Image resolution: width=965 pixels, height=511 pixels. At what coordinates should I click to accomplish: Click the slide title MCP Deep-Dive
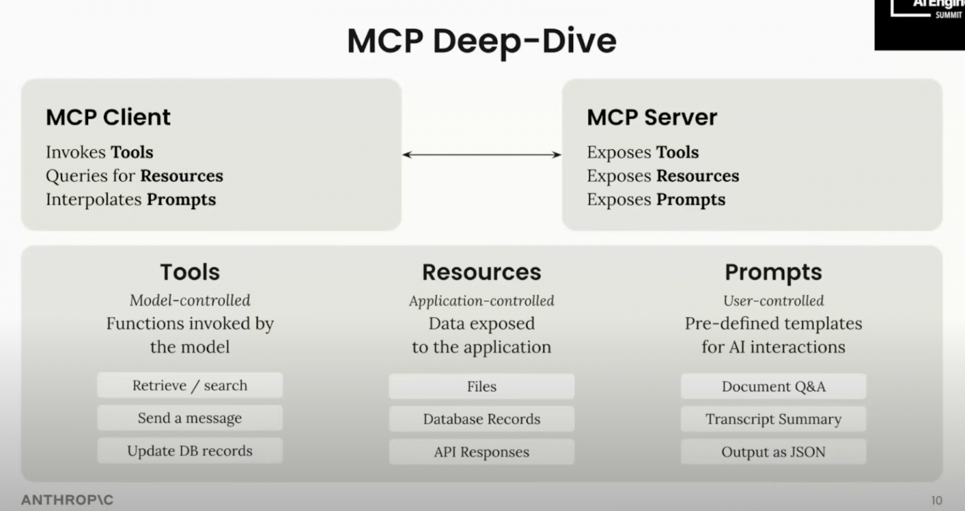pyautogui.click(x=481, y=41)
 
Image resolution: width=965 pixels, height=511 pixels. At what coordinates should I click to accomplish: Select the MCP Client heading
pyautogui.click(x=108, y=117)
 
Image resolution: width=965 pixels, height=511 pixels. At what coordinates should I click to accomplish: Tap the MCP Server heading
pyautogui.click(x=652, y=117)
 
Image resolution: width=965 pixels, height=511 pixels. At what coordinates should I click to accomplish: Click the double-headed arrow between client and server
pyautogui.click(x=481, y=154)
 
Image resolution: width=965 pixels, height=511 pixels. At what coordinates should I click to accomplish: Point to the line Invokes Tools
pyautogui.click(x=99, y=153)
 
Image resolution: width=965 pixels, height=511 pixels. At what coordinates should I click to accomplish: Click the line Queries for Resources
pyautogui.click(x=134, y=176)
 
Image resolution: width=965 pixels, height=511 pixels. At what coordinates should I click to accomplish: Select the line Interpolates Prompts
pyautogui.click(x=131, y=200)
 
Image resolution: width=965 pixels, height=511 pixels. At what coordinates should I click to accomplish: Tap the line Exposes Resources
pyautogui.click(x=663, y=176)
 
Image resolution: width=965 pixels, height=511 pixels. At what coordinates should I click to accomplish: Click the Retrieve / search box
pyautogui.click(x=190, y=385)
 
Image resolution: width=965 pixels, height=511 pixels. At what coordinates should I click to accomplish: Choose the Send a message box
pyautogui.click(x=190, y=418)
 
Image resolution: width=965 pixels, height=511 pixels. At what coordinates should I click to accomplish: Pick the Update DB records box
pyautogui.click(x=190, y=451)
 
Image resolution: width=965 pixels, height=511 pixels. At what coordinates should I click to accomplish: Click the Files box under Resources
pyautogui.click(x=481, y=387)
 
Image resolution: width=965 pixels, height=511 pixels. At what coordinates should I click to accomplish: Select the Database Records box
pyautogui.click(x=481, y=419)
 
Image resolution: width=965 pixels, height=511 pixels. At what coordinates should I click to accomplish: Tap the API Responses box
pyautogui.click(x=481, y=452)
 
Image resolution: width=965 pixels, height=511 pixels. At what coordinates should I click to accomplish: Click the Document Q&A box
pyautogui.click(x=773, y=387)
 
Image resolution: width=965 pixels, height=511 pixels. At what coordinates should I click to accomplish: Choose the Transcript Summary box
pyautogui.click(x=773, y=419)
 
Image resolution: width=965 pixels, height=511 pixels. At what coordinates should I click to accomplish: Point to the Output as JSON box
pyautogui.click(x=773, y=452)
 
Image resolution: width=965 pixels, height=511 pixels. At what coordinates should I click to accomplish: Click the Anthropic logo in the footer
pyautogui.click(x=67, y=500)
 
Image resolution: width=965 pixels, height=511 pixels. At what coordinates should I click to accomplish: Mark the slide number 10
pyautogui.click(x=937, y=500)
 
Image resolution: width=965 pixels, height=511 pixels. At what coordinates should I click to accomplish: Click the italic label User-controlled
pyautogui.click(x=773, y=301)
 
